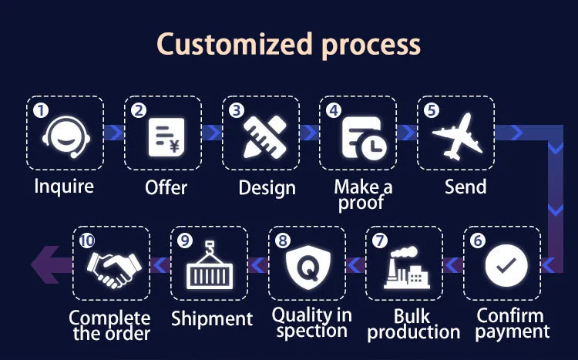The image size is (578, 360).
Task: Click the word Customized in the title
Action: [x=227, y=44]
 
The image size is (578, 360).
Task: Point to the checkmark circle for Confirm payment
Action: [x=506, y=266]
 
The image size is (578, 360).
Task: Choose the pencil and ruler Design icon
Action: [x=260, y=135]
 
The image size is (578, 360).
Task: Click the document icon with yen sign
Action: [x=164, y=135]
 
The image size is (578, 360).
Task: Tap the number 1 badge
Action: [x=41, y=110]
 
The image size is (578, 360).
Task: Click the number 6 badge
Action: [x=478, y=240]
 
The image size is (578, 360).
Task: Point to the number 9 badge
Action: [x=183, y=240]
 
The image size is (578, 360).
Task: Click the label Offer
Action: [x=166, y=187]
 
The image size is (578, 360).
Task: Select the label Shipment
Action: [x=212, y=318]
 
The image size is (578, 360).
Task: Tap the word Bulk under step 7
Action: [x=412, y=315]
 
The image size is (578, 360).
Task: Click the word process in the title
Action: [x=369, y=44]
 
